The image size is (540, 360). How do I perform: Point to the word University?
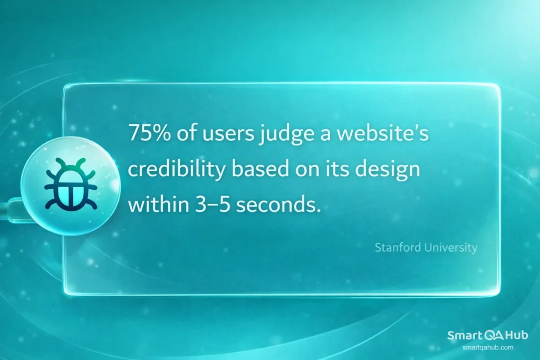tap(449, 247)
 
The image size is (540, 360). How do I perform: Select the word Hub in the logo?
tap(516, 336)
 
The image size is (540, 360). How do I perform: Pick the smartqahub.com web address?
tap(487, 347)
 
